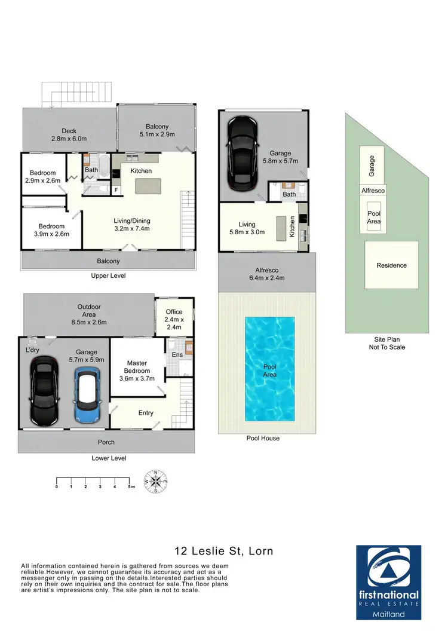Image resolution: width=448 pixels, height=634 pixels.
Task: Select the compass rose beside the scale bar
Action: pos(156,482)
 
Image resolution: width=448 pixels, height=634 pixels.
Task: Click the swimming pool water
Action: pos(269,367)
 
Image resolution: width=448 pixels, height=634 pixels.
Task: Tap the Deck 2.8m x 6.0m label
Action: pos(70,135)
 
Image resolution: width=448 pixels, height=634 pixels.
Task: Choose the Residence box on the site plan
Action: pos(391,265)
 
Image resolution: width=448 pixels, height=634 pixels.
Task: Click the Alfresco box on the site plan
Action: pos(373,190)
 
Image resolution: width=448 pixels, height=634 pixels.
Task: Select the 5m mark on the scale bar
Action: pos(130,488)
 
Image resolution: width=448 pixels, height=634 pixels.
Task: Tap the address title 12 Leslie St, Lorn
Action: pos(223,550)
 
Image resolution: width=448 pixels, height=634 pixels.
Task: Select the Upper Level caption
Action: pos(108,276)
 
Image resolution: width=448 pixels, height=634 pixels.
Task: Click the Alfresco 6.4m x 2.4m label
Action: pos(267,274)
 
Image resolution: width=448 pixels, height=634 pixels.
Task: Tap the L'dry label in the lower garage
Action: pos(32,350)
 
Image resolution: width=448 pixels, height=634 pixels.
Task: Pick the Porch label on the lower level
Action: pos(106,442)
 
